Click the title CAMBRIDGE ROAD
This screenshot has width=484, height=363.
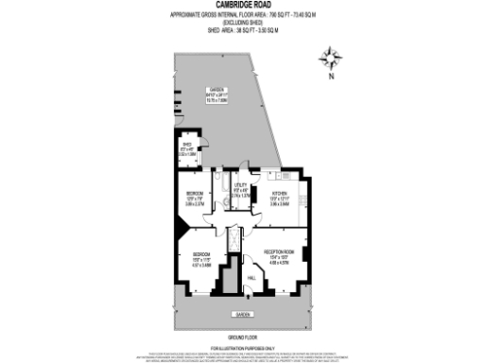tap(242, 6)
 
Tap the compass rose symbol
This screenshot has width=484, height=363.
tap(332, 60)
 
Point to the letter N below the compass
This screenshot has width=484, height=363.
tap(332, 78)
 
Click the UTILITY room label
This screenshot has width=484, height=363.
tap(241, 185)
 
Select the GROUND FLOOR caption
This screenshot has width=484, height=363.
tap(242, 337)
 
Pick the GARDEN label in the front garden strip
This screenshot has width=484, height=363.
tap(242, 312)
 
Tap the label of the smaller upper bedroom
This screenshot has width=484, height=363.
tap(195, 197)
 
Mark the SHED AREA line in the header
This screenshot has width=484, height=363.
tap(242, 30)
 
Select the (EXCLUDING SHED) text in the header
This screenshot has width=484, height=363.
tap(242, 23)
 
